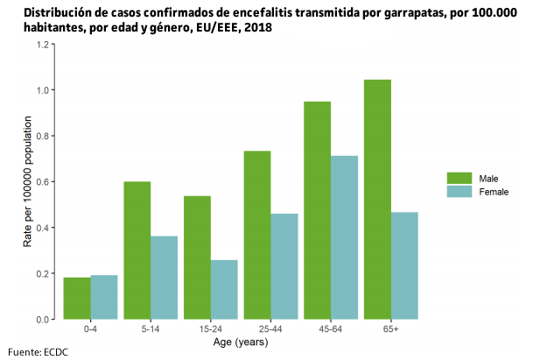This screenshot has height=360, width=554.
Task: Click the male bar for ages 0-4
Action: point(77,298)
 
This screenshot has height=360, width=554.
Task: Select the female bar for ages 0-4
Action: point(104,297)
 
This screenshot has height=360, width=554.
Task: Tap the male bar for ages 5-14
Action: point(137,250)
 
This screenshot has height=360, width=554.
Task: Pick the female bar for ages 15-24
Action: point(224,289)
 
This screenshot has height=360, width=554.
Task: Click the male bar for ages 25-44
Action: point(257,235)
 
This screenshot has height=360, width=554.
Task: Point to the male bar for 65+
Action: point(377,199)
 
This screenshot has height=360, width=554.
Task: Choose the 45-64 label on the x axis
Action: point(331,330)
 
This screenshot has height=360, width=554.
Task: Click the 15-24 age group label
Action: point(211,330)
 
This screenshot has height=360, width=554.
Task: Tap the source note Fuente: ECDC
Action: point(38,352)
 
